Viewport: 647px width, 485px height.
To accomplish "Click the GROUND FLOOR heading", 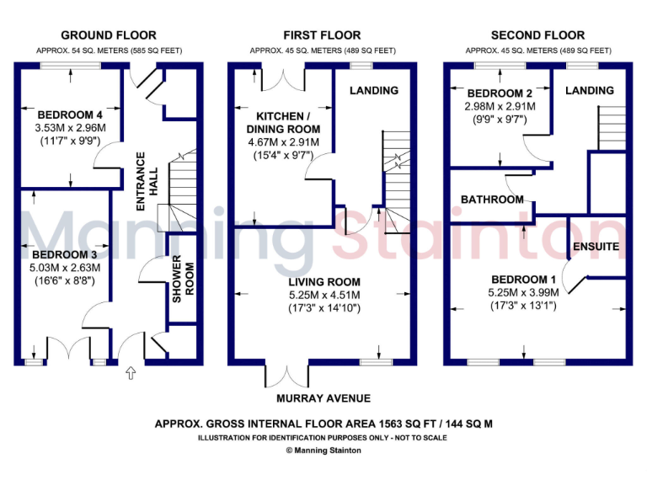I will (x=109, y=35).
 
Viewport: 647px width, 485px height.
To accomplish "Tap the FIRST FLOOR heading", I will (x=322, y=35).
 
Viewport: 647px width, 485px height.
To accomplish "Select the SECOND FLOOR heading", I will (x=537, y=35).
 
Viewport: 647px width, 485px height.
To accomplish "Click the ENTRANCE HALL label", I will (x=147, y=173).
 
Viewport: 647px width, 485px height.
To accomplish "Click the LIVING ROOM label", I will (x=324, y=282).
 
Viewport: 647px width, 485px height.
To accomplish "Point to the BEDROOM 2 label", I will (x=500, y=93).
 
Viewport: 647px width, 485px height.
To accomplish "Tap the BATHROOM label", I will (x=492, y=200).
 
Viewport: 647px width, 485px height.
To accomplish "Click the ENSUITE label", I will (x=596, y=247).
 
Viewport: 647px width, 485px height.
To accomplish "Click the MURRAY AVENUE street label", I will (x=324, y=398).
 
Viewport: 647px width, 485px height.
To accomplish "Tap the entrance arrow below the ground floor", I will (x=130, y=371).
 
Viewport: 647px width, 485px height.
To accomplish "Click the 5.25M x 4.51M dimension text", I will (x=324, y=295).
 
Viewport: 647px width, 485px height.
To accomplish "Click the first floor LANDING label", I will (x=374, y=90).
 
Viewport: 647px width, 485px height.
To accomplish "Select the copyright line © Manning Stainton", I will (x=323, y=451).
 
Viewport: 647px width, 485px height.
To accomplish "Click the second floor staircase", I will (x=612, y=127).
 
